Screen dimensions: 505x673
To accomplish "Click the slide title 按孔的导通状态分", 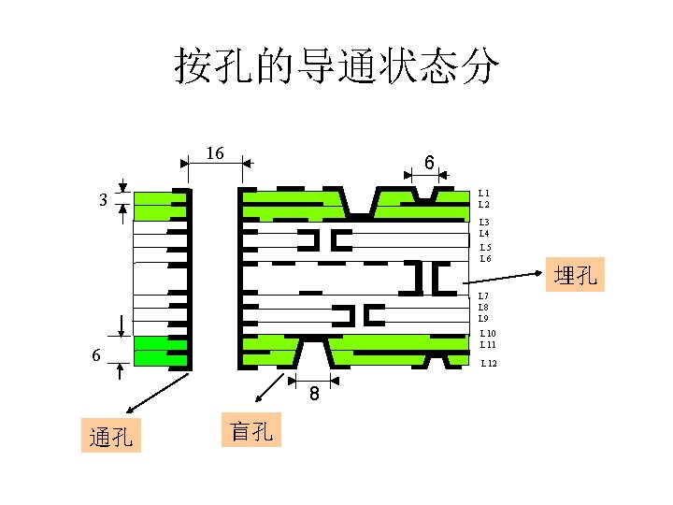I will point(336,66).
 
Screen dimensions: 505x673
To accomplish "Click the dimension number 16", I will point(215,152).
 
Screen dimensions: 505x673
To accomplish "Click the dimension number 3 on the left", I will point(104,199).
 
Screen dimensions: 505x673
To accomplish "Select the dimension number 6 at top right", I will point(427,163).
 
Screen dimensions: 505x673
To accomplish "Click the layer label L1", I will point(483,193).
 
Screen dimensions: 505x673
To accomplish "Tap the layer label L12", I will point(489,363).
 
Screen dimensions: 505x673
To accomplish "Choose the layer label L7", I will point(483,296).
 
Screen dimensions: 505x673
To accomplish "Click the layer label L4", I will point(483,233).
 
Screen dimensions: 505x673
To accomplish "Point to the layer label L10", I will point(487,334).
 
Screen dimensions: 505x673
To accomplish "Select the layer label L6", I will point(485,259).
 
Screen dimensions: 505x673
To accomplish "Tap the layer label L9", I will point(483,318).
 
